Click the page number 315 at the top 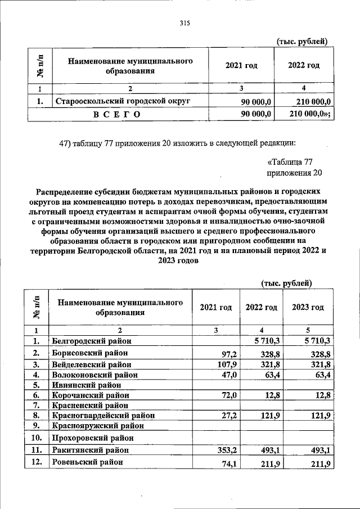(x=184, y=24)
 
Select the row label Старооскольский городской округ (x=121, y=101)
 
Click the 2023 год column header (x=308, y=308)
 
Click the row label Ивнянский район (x=80, y=385)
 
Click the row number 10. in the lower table (x=36, y=438)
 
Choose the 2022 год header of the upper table (x=304, y=66)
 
